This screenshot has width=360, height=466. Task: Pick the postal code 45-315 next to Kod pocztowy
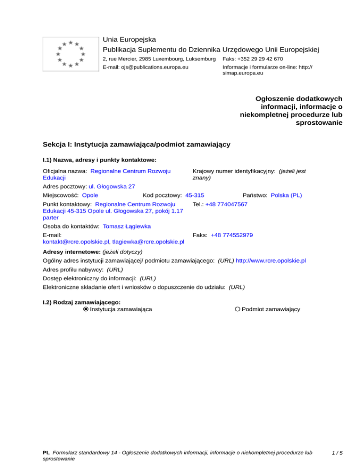coord(195,195)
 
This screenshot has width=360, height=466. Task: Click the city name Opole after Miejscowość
coord(90,195)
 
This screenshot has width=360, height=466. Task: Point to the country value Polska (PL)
coord(286,195)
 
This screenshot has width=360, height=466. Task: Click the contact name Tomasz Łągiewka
coord(127,226)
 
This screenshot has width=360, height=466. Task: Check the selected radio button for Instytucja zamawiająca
coord(85,309)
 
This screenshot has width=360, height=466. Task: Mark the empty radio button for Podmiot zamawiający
coord(238,309)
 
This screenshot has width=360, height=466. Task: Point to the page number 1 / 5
coord(337,453)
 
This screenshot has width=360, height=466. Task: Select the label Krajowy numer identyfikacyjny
coord(233,172)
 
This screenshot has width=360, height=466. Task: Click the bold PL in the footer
coord(46,453)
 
